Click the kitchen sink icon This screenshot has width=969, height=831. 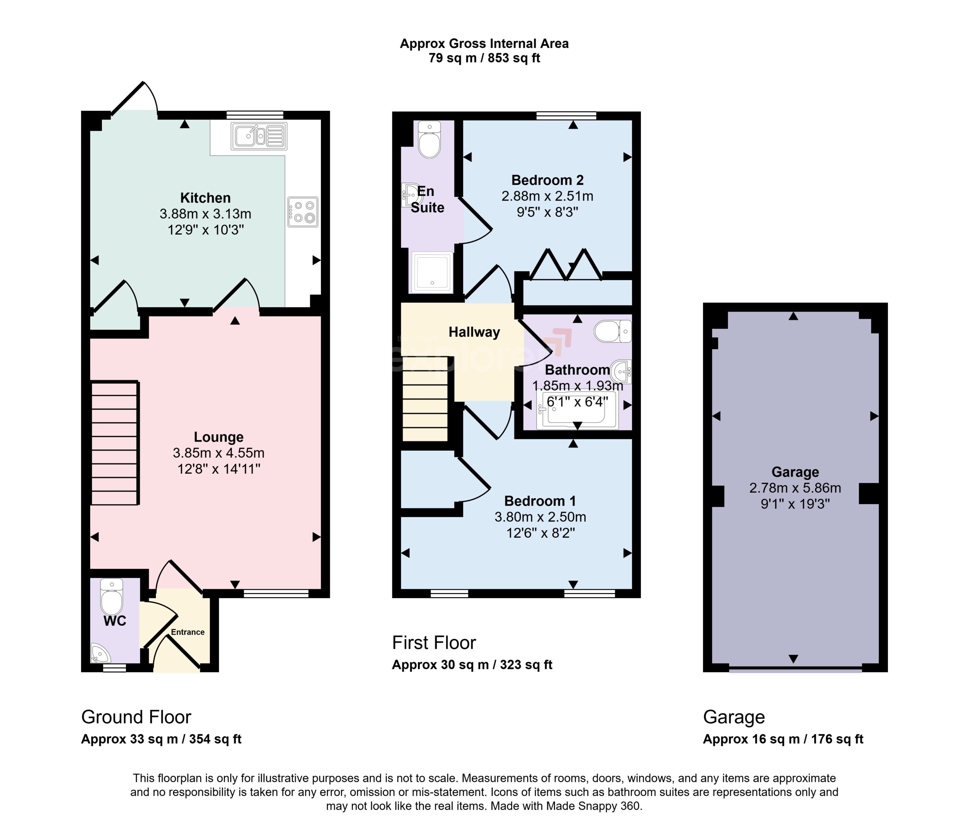[x=259, y=136]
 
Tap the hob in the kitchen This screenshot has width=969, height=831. [x=303, y=212]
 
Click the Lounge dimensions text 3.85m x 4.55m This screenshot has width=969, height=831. [x=218, y=453]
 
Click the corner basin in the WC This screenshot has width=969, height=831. [x=99, y=653]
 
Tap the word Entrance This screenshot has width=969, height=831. [x=187, y=632]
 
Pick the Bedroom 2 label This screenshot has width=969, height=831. [x=547, y=180]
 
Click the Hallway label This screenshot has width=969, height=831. [x=474, y=333]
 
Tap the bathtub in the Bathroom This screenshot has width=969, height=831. [x=578, y=410]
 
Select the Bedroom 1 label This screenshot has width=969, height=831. [x=540, y=501]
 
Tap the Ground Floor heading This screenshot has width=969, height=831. [x=136, y=717]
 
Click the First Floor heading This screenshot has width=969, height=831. [x=434, y=643]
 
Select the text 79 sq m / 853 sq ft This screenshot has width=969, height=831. [x=484, y=58]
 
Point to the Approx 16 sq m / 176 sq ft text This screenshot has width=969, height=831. [x=783, y=739]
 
